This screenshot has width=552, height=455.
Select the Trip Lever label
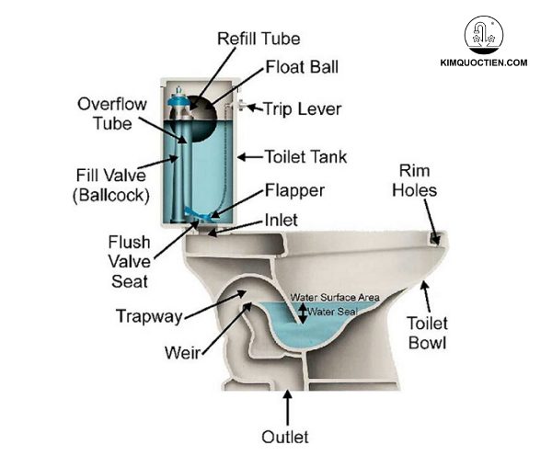tap(302, 109)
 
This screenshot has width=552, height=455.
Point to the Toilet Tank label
tap(305, 157)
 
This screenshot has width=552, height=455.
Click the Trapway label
tap(148, 316)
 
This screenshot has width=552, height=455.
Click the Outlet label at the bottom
tap(284, 437)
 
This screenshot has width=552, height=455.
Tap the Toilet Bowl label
tap(429, 334)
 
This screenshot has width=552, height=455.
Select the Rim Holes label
tap(422, 182)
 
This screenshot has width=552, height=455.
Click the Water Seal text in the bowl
tap(333, 313)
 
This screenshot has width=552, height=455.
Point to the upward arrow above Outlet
tap(288, 405)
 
